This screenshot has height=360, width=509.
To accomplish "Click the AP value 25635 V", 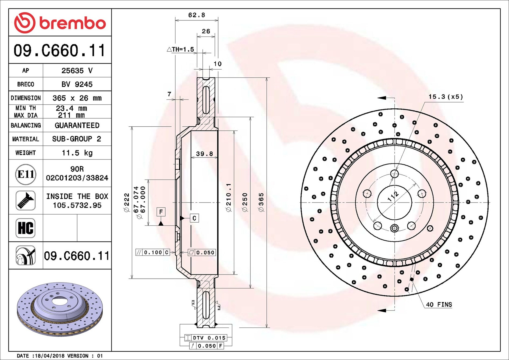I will (77, 70).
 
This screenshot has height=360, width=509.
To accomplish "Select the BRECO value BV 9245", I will (77, 84).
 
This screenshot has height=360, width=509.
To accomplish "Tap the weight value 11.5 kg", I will (77, 153).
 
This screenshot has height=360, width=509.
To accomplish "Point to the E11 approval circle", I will (26, 174).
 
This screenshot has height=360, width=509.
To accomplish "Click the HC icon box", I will (26, 228).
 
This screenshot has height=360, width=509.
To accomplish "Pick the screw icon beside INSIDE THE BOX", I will (26, 201).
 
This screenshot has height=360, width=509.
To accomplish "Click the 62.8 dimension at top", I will (197, 15).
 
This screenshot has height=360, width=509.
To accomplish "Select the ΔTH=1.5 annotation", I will (180, 49).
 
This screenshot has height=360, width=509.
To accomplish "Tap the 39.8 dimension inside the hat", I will (204, 154).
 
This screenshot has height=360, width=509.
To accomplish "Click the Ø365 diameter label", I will (261, 202).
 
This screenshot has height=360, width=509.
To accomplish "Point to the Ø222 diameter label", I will (127, 202).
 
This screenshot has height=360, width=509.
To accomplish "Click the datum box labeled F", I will (161, 212).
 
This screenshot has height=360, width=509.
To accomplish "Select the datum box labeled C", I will (194, 218).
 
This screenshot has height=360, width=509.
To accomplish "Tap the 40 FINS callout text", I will (439, 304).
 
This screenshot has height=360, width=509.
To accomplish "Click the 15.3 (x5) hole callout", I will (446, 97).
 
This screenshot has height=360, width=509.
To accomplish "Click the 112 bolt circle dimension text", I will (393, 196).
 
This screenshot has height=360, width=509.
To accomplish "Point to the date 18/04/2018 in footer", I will (49, 356).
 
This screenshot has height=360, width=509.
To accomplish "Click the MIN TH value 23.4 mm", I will (71, 108).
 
